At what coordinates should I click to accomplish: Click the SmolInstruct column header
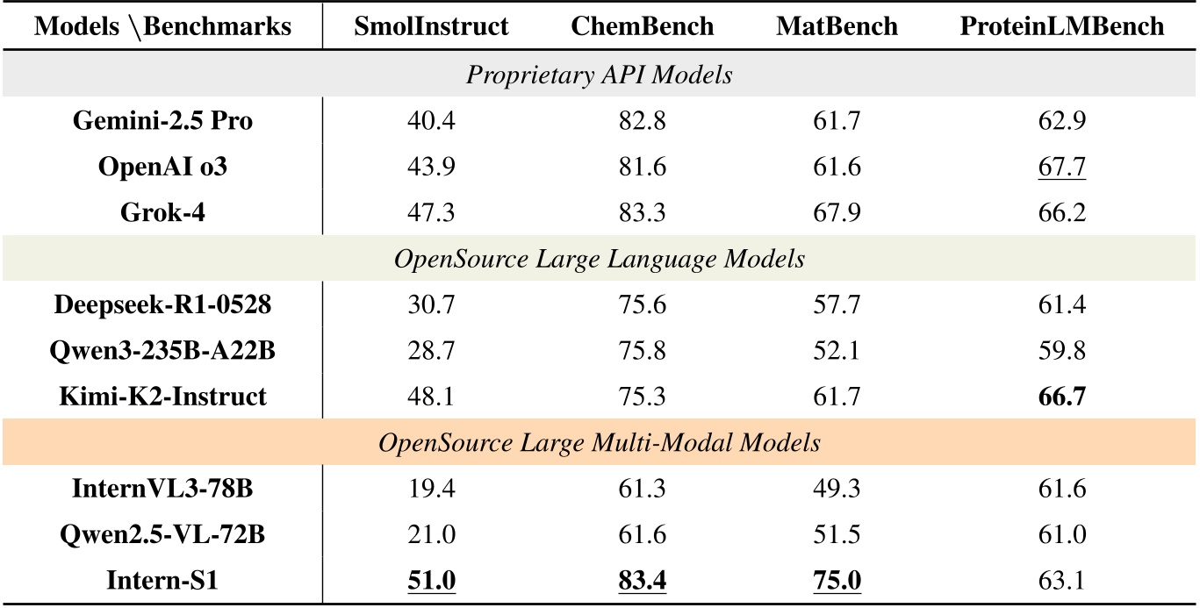click(431, 26)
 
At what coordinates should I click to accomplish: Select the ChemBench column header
click(643, 26)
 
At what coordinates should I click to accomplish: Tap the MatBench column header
click(837, 26)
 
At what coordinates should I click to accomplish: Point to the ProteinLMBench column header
click(1061, 26)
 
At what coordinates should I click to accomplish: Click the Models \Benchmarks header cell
click(162, 26)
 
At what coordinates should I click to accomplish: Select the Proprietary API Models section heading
click(600, 75)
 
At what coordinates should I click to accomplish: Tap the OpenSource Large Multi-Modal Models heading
click(600, 442)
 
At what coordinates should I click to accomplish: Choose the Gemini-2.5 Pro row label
click(162, 121)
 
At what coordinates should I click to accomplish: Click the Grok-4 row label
click(162, 212)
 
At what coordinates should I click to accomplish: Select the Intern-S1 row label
click(162, 581)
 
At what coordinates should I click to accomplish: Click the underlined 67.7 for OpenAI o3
click(1061, 167)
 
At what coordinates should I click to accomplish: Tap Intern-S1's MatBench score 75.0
click(837, 581)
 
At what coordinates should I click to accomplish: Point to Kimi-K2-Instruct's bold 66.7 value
click(1061, 397)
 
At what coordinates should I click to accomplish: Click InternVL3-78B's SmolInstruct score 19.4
click(431, 489)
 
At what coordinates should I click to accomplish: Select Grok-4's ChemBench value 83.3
click(643, 212)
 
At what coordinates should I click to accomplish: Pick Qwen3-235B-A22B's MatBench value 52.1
click(837, 351)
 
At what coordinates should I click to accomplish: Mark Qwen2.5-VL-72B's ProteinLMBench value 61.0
click(1061, 534)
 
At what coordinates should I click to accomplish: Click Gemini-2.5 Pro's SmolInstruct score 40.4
click(431, 121)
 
